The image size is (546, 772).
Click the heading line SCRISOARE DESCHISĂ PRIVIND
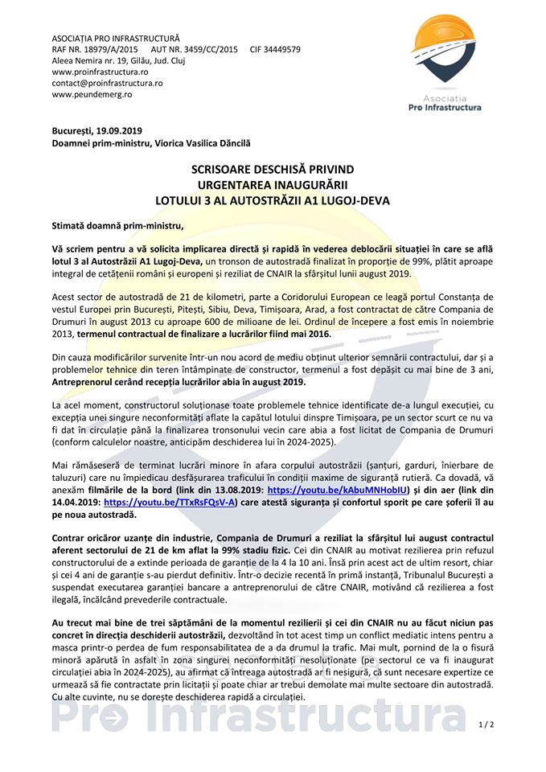point(273,170)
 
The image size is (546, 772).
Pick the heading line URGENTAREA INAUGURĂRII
point(273,185)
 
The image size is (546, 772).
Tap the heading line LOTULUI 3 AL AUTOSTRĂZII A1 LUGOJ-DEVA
point(273,199)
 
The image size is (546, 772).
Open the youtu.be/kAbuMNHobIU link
point(335,487)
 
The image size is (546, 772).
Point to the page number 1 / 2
point(485,725)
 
